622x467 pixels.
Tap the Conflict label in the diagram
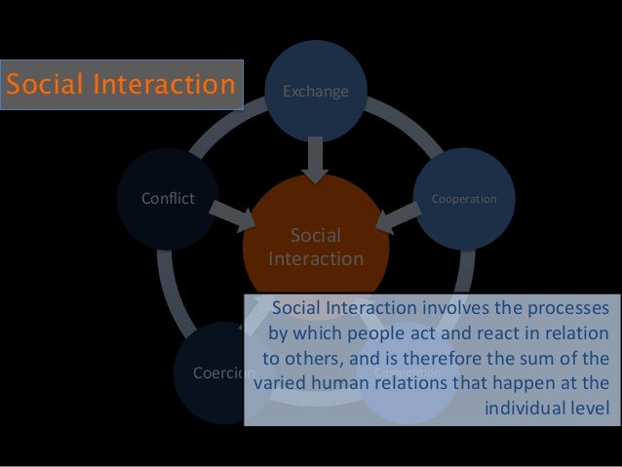coord(169,199)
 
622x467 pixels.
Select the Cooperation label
coord(465,199)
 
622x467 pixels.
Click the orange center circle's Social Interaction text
coord(316,248)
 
